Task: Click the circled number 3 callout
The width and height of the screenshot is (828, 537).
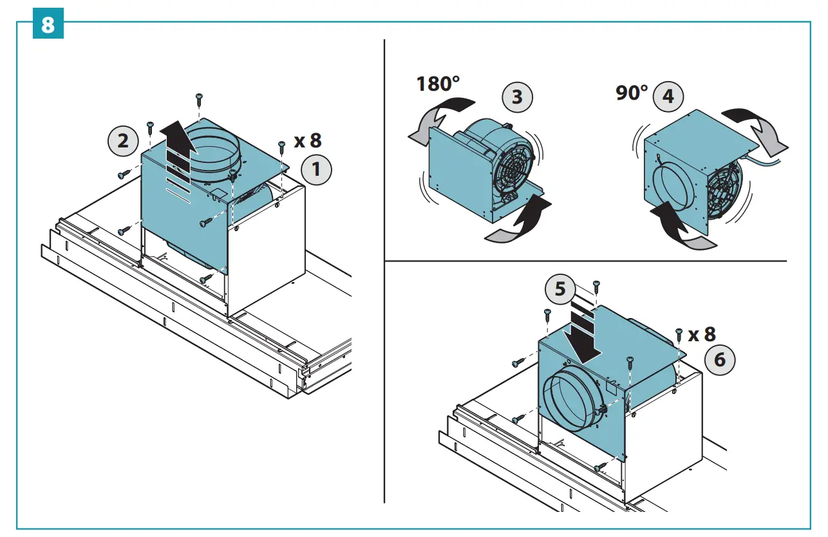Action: click(x=518, y=97)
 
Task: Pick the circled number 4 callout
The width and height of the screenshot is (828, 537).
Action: click(x=668, y=97)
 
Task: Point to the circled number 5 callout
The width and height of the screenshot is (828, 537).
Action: click(x=560, y=289)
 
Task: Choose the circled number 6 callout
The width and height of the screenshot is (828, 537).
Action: click(x=720, y=359)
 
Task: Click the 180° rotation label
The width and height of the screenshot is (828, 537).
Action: click(x=438, y=84)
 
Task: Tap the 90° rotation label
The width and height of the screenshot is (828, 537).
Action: click(x=632, y=93)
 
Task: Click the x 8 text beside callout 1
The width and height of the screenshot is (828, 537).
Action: click(x=307, y=140)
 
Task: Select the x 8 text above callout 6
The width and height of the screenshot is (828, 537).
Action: click(x=702, y=334)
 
